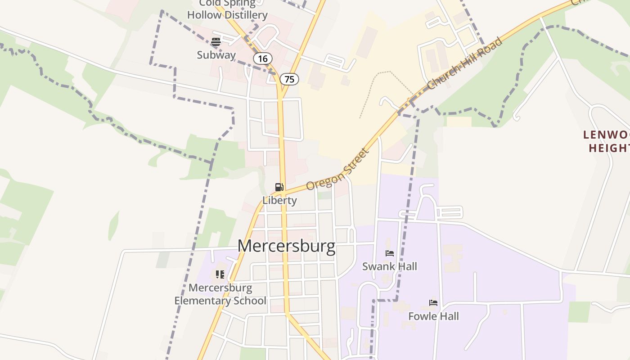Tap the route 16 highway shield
tap(263, 58)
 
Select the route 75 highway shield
tap(289, 79)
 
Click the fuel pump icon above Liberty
tap(279, 187)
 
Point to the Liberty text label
tap(279, 200)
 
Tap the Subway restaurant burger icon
tap(216, 42)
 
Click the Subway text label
tap(216, 55)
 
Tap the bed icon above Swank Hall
tap(390, 253)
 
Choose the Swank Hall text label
tap(390, 266)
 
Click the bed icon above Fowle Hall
tap(433, 303)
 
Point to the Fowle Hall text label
tap(433, 316)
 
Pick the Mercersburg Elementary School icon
tap(220, 274)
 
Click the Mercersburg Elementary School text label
tap(220, 294)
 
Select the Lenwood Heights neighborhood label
tap(607, 141)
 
